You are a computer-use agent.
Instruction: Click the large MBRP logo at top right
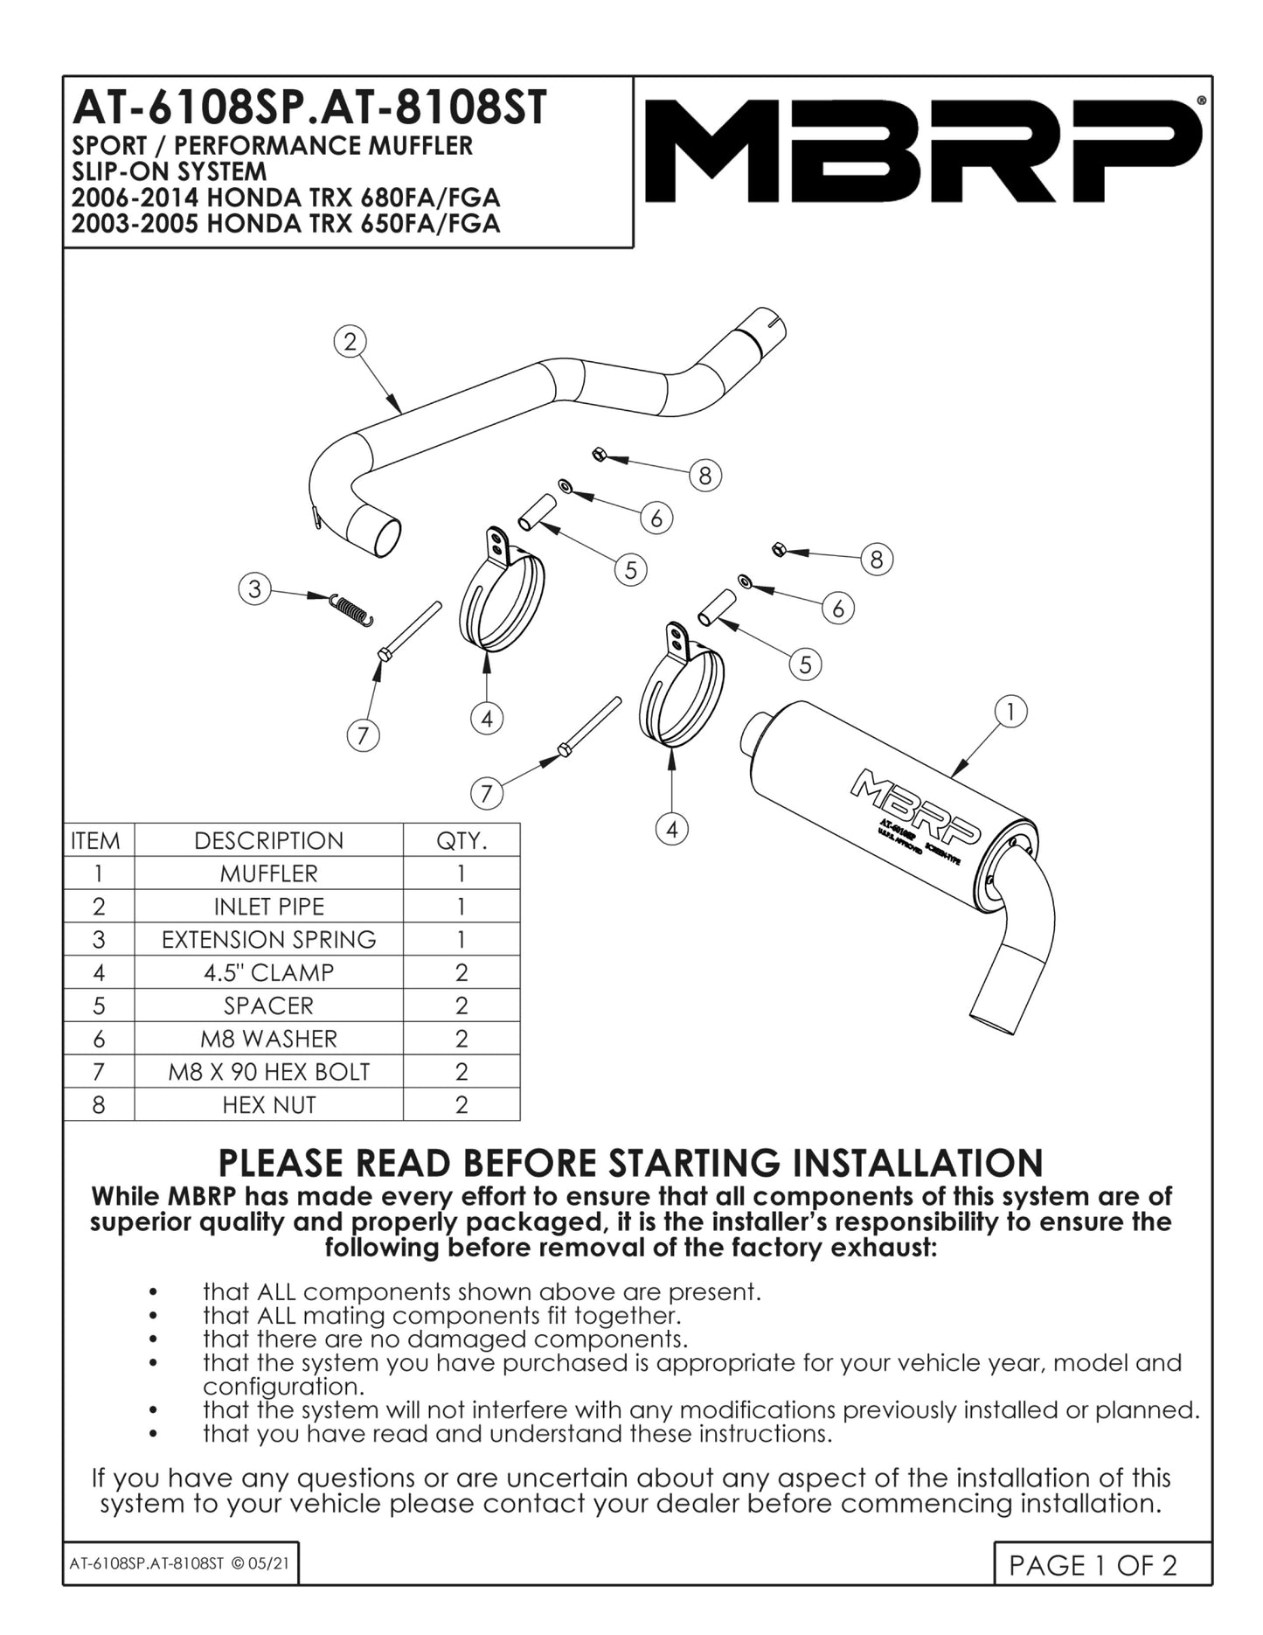922,150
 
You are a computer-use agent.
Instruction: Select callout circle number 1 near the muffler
1010,712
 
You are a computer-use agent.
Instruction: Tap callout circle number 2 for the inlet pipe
350,342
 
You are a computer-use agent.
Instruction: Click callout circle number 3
254,588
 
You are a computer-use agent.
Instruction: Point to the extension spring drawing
351,609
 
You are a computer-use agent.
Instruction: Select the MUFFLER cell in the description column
268,873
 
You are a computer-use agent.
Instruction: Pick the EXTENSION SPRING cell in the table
268,940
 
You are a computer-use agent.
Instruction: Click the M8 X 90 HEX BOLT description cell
268,1072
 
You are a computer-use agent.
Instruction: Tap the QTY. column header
461,841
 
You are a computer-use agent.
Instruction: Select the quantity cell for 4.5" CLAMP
461,973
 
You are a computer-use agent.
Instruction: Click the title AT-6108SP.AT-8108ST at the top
309,108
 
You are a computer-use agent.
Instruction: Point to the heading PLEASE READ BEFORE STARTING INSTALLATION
630,1163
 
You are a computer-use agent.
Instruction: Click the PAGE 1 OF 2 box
1093,1564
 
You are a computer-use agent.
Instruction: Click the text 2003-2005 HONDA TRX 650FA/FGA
286,224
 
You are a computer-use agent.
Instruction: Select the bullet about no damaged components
445,1339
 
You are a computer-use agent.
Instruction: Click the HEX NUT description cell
268,1105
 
